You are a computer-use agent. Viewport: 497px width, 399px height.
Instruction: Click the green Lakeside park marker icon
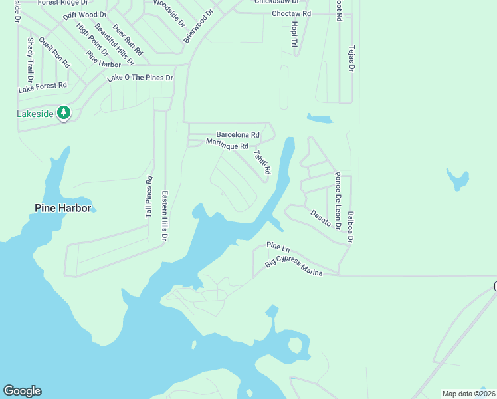click(64, 113)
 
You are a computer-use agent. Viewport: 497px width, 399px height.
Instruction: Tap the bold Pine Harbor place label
click(62, 208)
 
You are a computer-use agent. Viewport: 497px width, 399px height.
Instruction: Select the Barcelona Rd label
click(237, 134)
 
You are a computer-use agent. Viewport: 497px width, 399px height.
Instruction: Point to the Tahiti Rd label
click(262, 162)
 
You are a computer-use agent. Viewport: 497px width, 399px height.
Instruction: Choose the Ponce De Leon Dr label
click(338, 201)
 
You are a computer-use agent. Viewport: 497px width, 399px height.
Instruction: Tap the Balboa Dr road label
click(351, 227)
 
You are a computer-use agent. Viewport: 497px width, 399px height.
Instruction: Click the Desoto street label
click(320, 217)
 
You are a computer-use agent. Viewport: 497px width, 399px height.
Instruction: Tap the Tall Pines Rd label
click(149, 198)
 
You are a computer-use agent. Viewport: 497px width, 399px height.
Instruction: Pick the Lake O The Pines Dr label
click(140, 78)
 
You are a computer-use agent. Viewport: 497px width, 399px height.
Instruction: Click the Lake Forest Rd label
click(43, 86)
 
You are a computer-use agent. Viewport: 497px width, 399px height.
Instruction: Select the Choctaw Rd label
click(291, 13)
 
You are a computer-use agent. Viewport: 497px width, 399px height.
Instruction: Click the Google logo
click(22, 391)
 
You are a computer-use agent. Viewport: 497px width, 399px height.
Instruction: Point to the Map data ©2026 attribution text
click(468, 394)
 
